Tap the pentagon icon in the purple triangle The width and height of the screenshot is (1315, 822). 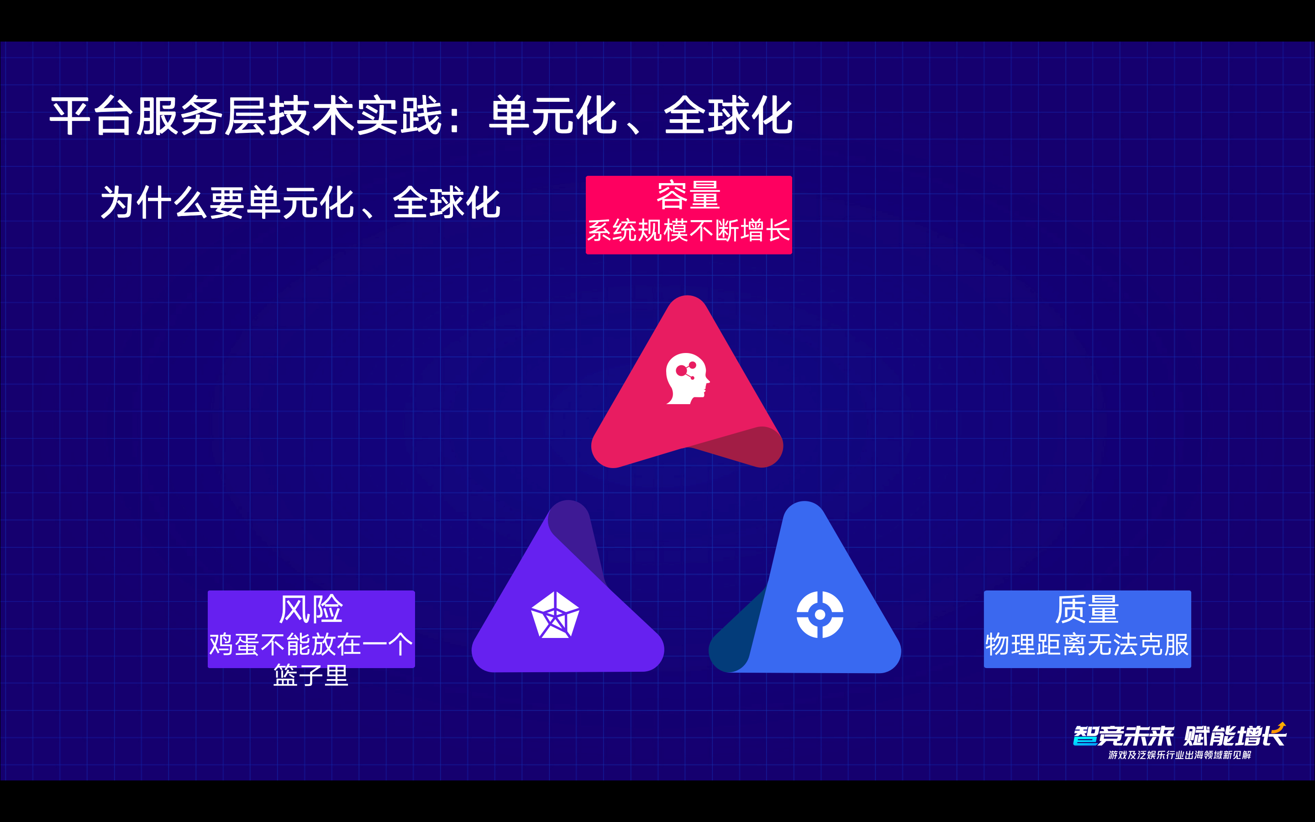tap(555, 615)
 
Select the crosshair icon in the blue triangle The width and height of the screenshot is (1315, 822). tap(820, 614)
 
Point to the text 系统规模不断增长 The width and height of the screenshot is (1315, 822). tap(689, 231)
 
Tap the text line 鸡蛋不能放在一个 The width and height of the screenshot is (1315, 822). tap(311, 644)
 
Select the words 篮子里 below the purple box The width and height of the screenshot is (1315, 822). tap(311, 676)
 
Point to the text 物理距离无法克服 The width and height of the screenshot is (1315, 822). tap(1087, 644)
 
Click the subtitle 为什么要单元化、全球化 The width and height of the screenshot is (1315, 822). tap(300, 202)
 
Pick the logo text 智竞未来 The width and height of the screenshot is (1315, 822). tap(1124, 736)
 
